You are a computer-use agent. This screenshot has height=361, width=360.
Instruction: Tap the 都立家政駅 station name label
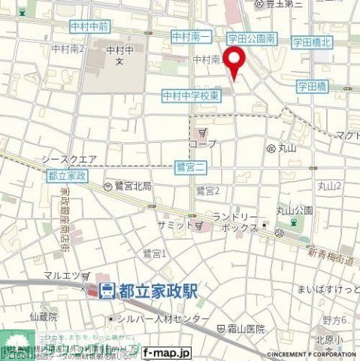[x=156, y=290]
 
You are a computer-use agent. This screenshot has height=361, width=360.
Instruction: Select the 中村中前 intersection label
[x=89, y=26]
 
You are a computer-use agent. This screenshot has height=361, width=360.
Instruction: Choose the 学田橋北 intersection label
[x=311, y=43]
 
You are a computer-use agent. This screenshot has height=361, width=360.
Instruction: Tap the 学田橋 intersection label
[x=311, y=87]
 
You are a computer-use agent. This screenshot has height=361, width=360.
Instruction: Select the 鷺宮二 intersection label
[x=191, y=165]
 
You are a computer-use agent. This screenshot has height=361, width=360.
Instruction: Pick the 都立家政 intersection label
[x=67, y=174]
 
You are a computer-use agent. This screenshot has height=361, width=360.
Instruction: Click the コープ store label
[x=202, y=144]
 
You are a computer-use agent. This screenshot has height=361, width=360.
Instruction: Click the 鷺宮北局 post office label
[x=132, y=186]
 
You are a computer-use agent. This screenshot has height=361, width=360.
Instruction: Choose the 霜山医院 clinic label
[x=244, y=329]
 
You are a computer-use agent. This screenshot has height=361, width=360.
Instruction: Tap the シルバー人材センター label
[x=160, y=319]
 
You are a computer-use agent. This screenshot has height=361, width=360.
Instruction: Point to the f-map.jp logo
[x=166, y=353]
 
